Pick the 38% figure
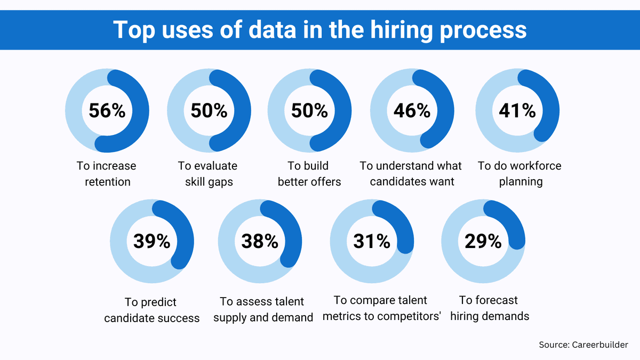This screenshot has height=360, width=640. coord(260,241)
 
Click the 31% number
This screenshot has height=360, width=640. coord(372,241)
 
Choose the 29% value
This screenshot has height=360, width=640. coord(483,241)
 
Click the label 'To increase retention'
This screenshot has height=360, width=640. coord(107,174)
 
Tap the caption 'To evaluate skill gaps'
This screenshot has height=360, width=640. coord(209,174)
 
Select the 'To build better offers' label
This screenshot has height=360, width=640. coord(309,174)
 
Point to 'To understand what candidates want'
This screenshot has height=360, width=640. coord(411,174)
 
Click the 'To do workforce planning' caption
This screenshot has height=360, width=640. coord(519,174)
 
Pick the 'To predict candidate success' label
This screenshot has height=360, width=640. coord(151,310)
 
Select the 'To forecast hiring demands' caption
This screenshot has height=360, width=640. coord(489,308)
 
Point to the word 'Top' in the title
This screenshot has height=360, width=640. coord(134,30)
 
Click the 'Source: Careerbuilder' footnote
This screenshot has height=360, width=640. coord(583,345)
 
